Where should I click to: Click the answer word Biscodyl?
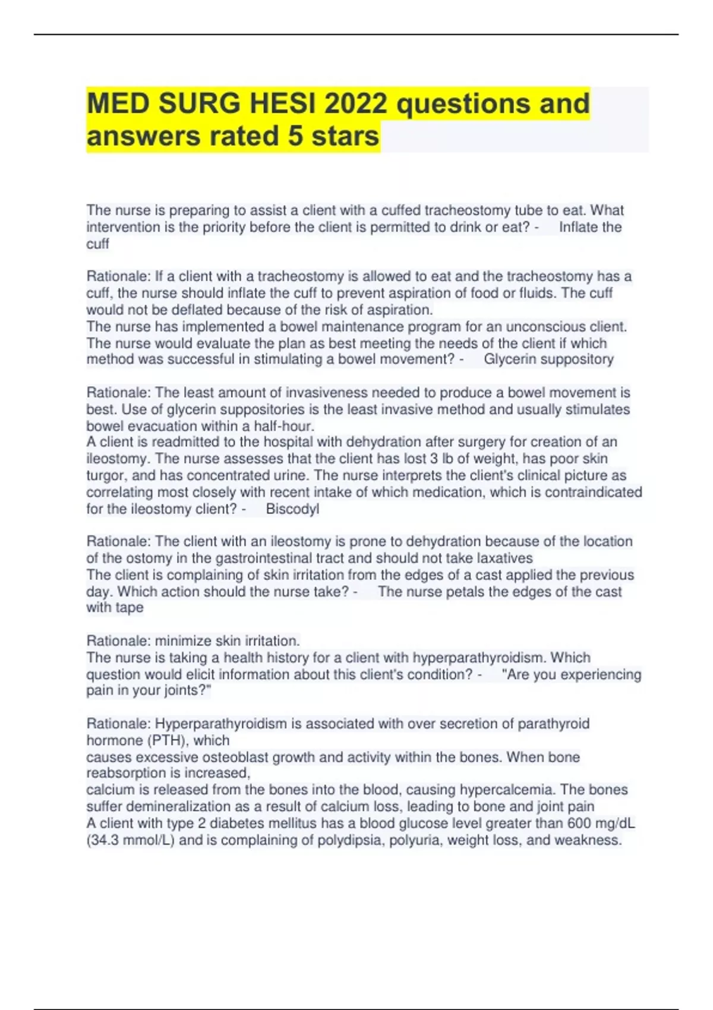[x=292, y=509]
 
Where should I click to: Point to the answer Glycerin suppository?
[x=548, y=359]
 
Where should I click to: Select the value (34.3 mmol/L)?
[x=131, y=840]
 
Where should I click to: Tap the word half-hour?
[x=283, y=426]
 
